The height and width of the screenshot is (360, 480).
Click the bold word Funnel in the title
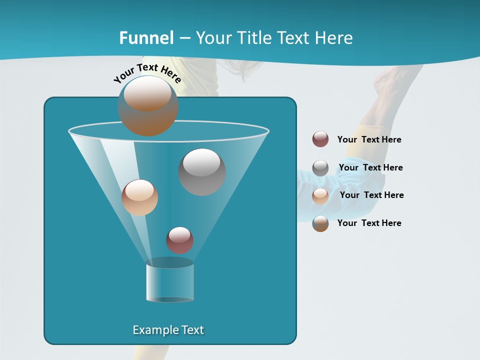click(x=146, y=38)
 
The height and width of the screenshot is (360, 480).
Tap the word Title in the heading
click(x=254, y=38)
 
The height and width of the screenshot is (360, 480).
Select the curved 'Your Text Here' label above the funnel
click(x=147, y=73)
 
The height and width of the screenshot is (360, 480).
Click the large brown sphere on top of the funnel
click(x=147, y=106)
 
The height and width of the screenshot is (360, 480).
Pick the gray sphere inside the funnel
click(x=202, y=172)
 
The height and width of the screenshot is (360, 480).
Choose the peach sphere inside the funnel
click(x=139, y=197)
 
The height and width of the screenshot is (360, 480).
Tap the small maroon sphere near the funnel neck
click(x=179, y=240)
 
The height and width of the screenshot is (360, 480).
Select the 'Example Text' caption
click(x=168, y=330)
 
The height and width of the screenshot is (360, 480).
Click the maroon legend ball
click(x=320, y=139)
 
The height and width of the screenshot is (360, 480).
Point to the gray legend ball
click(x=320, y=168)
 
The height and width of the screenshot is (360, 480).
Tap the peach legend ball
click(x=320, y=195)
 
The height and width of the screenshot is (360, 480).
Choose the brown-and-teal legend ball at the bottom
click(x=320, y=223)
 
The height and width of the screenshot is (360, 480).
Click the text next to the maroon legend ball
click(x=369, y=139)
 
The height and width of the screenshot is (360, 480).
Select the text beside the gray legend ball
click(x=370, y=167)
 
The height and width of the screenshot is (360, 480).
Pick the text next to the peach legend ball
click(x=371, y=195)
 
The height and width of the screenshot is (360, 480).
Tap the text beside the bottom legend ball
click(x=369, y=223)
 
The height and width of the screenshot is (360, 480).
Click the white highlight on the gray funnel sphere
click(x=202, y=162)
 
